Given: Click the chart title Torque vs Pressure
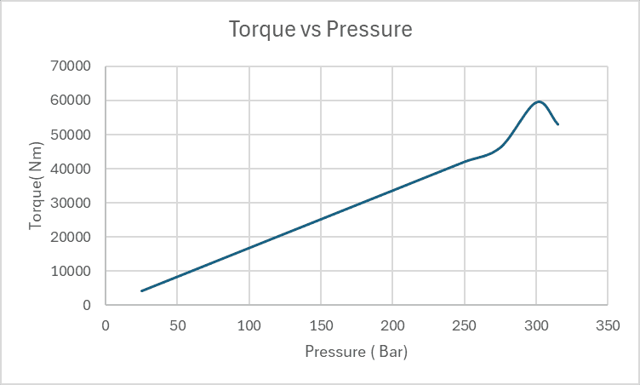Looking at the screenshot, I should click(x=320, y=30).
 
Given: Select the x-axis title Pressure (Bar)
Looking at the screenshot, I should click(x=356, y=352).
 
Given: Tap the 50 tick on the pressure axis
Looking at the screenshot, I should click(x=177, y=325).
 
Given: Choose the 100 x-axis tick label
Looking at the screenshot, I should click(x=249, y=325).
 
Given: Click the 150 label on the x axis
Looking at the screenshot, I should click(x=321, y=325).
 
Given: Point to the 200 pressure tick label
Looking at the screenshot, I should click(x=392, y=325).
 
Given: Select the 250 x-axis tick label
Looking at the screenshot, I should click(x=464, y=325).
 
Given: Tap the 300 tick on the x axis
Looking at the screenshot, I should click(x=536, y=325).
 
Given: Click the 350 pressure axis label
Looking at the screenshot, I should click(x=608, y=325).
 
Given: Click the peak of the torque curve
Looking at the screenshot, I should click(x=538, y=101).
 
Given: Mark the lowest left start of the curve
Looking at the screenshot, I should click(x=141, y=290).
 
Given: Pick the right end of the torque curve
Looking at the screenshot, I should click(x=557, y=124).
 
